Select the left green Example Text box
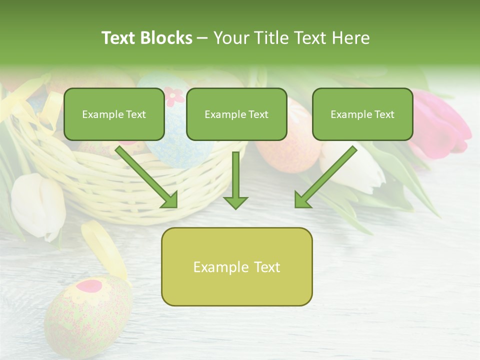point(114,114)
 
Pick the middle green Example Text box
point(236,114)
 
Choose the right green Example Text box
point(362,114)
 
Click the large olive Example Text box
point(236,267)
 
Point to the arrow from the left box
point(147,177)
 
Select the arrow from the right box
point(325,177)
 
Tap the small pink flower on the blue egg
point(174,95)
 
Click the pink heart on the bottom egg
point(90,286)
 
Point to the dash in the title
point(202,38)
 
